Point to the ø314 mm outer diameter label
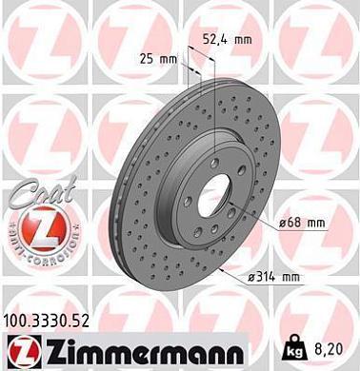pyautogui.click(x=273, y=276)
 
